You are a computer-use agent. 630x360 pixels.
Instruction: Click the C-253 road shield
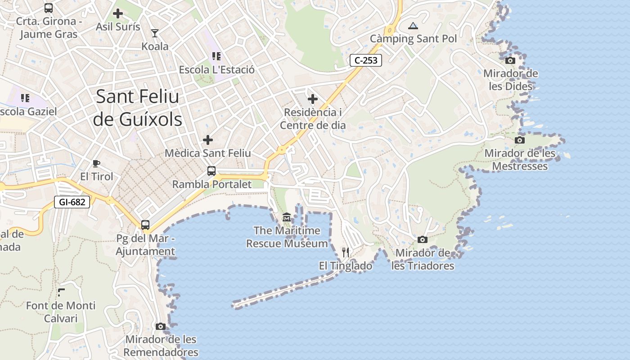(x=365, y=60)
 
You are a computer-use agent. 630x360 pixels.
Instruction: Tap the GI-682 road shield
(x=72, y=202)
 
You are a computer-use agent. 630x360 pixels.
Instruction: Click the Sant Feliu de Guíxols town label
(x=137, y=108)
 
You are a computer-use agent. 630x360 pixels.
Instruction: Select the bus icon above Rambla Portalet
(x=211, y=171)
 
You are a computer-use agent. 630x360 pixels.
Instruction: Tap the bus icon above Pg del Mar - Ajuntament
(x=145, y=225)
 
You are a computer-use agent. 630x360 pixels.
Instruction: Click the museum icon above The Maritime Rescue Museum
(x=287, y=218)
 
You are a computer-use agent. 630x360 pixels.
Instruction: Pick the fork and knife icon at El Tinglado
(x=346, y=252)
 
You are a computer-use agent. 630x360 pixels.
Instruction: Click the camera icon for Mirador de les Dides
(x=510, y=60)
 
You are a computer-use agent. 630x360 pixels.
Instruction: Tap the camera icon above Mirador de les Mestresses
(x=520, y=140)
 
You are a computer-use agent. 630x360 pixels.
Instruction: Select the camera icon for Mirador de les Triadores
(x=422, y=239)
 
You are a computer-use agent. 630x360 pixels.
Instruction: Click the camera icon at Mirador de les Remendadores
(x=161, y=326)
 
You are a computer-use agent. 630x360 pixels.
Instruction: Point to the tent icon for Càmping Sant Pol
(x=413, y=26)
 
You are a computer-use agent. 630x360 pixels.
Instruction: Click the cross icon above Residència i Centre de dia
(x=313, y=99)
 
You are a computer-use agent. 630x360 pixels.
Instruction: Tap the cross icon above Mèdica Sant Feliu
(x=207, y=140)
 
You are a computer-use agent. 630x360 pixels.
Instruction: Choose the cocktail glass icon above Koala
(x=155, y=33)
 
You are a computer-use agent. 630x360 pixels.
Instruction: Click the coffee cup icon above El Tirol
(x=96, y=163)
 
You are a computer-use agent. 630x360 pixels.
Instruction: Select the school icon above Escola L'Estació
(x=216, y=56)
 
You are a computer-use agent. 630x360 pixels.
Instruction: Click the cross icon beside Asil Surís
(x=118, y=13)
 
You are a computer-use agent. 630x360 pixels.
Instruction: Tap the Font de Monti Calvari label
(x=61, y=312)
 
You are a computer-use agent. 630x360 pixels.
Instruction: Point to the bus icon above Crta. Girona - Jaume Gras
(x=49, y=8)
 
